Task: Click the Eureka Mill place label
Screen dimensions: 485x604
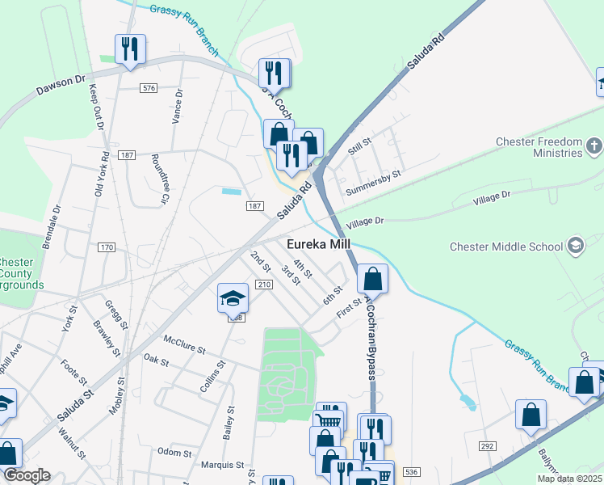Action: tap(319, 245)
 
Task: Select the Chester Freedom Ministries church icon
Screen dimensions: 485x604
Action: tap(594, 146)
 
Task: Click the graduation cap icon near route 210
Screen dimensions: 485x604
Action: tap(233, 299)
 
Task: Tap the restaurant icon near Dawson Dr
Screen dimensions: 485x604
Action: tap(129, 49)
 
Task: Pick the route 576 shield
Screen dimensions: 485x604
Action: tap(148, 87)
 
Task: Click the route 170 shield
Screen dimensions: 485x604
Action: tap(107, 247)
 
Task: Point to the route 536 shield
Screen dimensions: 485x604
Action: tap(412, 471)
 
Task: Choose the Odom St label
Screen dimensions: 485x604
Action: tap(174, 452)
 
